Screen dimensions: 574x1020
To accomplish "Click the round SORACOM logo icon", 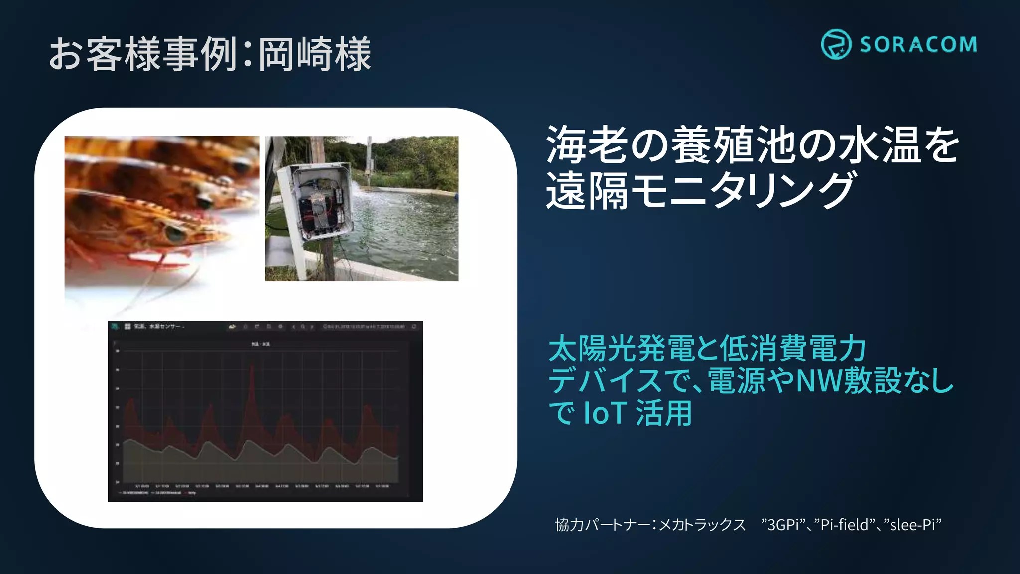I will point(835,44).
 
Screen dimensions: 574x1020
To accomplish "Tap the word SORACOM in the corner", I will point(918,45).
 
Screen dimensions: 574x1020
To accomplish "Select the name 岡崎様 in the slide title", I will point(315,54).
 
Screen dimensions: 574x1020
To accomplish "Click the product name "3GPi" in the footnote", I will point(785,525).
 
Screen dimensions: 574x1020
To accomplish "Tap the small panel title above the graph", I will point(260,344).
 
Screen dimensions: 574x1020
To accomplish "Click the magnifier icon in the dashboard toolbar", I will point(302,327).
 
